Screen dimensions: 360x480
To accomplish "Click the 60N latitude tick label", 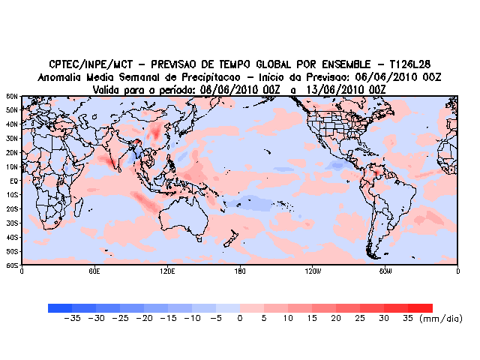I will (x=12, y=97).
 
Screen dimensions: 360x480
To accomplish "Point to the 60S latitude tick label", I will (x=12, y=265).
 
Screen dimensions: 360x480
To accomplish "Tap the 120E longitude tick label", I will (x=166, y=271).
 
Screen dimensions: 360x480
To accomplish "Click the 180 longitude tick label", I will (x=240, y=271).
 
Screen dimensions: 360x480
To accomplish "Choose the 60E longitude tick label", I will (x=94, y=271).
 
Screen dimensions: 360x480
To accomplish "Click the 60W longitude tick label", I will (x=385, y=271).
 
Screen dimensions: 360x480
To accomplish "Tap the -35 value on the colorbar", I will (x=72, y=319).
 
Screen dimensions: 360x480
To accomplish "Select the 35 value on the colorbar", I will (x=408, y=319).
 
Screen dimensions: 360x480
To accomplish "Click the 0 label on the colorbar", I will (x=240, y=319).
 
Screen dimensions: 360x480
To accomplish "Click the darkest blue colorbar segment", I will (x=60, y=307).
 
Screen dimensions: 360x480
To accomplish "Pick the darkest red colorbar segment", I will (x=420, y=307).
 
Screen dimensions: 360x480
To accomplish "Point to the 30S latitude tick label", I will (x=12, y=223).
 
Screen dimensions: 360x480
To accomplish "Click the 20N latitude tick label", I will (x=12, y=153).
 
